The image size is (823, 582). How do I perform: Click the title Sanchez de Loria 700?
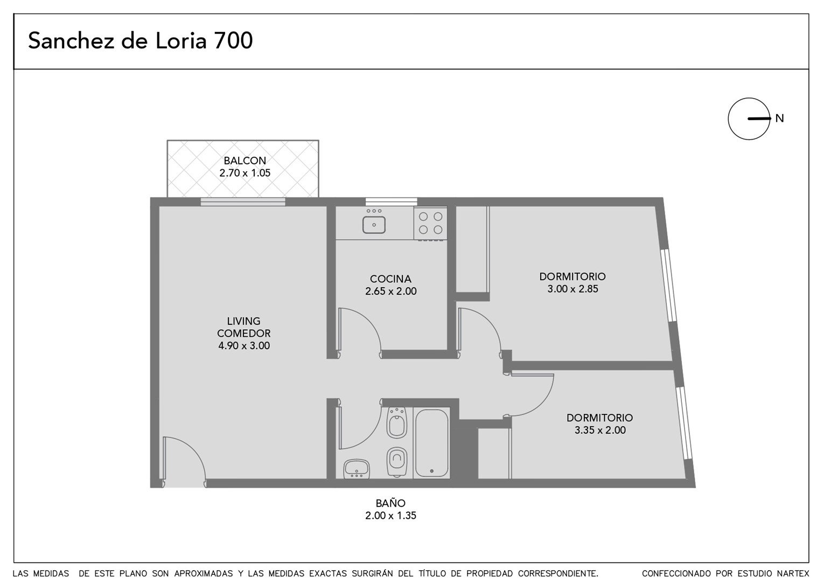[141, 40]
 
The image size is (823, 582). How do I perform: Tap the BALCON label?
[245, 161]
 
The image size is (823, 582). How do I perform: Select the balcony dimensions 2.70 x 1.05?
[245, 173]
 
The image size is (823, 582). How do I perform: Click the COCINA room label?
[390, 279]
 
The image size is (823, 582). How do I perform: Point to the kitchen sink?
[374, 225]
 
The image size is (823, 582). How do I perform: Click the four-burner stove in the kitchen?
[430, 224]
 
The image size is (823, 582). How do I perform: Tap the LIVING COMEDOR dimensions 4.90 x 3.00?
[244, 345]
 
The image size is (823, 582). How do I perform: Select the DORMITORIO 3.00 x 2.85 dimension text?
[573, 289]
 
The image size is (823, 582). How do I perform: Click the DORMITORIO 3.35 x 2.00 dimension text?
[600, 430]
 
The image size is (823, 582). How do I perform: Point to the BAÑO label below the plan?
[390, 503]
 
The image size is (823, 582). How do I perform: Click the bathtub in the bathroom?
[431, 443]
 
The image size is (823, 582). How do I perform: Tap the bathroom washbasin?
[357, 469]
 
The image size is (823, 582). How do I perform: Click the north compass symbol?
[749, 119]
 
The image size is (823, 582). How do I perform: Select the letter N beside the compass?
[780, 119]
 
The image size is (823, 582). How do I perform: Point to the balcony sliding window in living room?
[243, 202]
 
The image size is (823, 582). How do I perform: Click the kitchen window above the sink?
[391, 202]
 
